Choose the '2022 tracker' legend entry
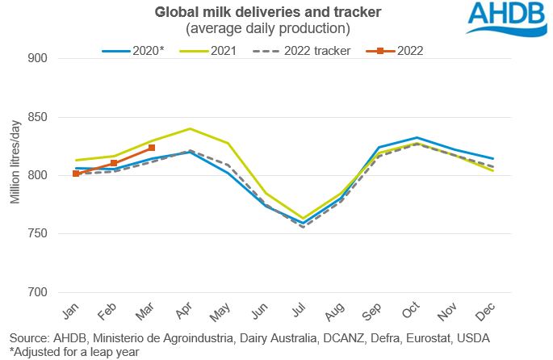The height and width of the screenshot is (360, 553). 308,50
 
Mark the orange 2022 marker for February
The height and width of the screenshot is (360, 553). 114,163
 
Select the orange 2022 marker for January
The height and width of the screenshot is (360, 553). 76,174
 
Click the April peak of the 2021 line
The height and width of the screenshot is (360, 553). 190,128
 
